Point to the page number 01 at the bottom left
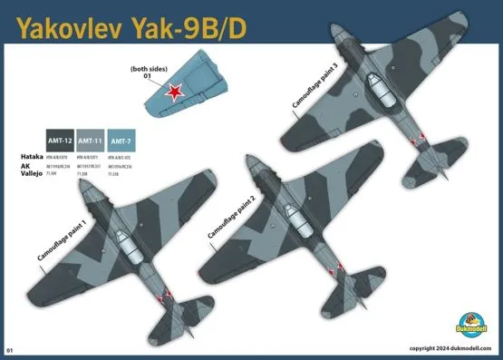[x=10, y=349]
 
